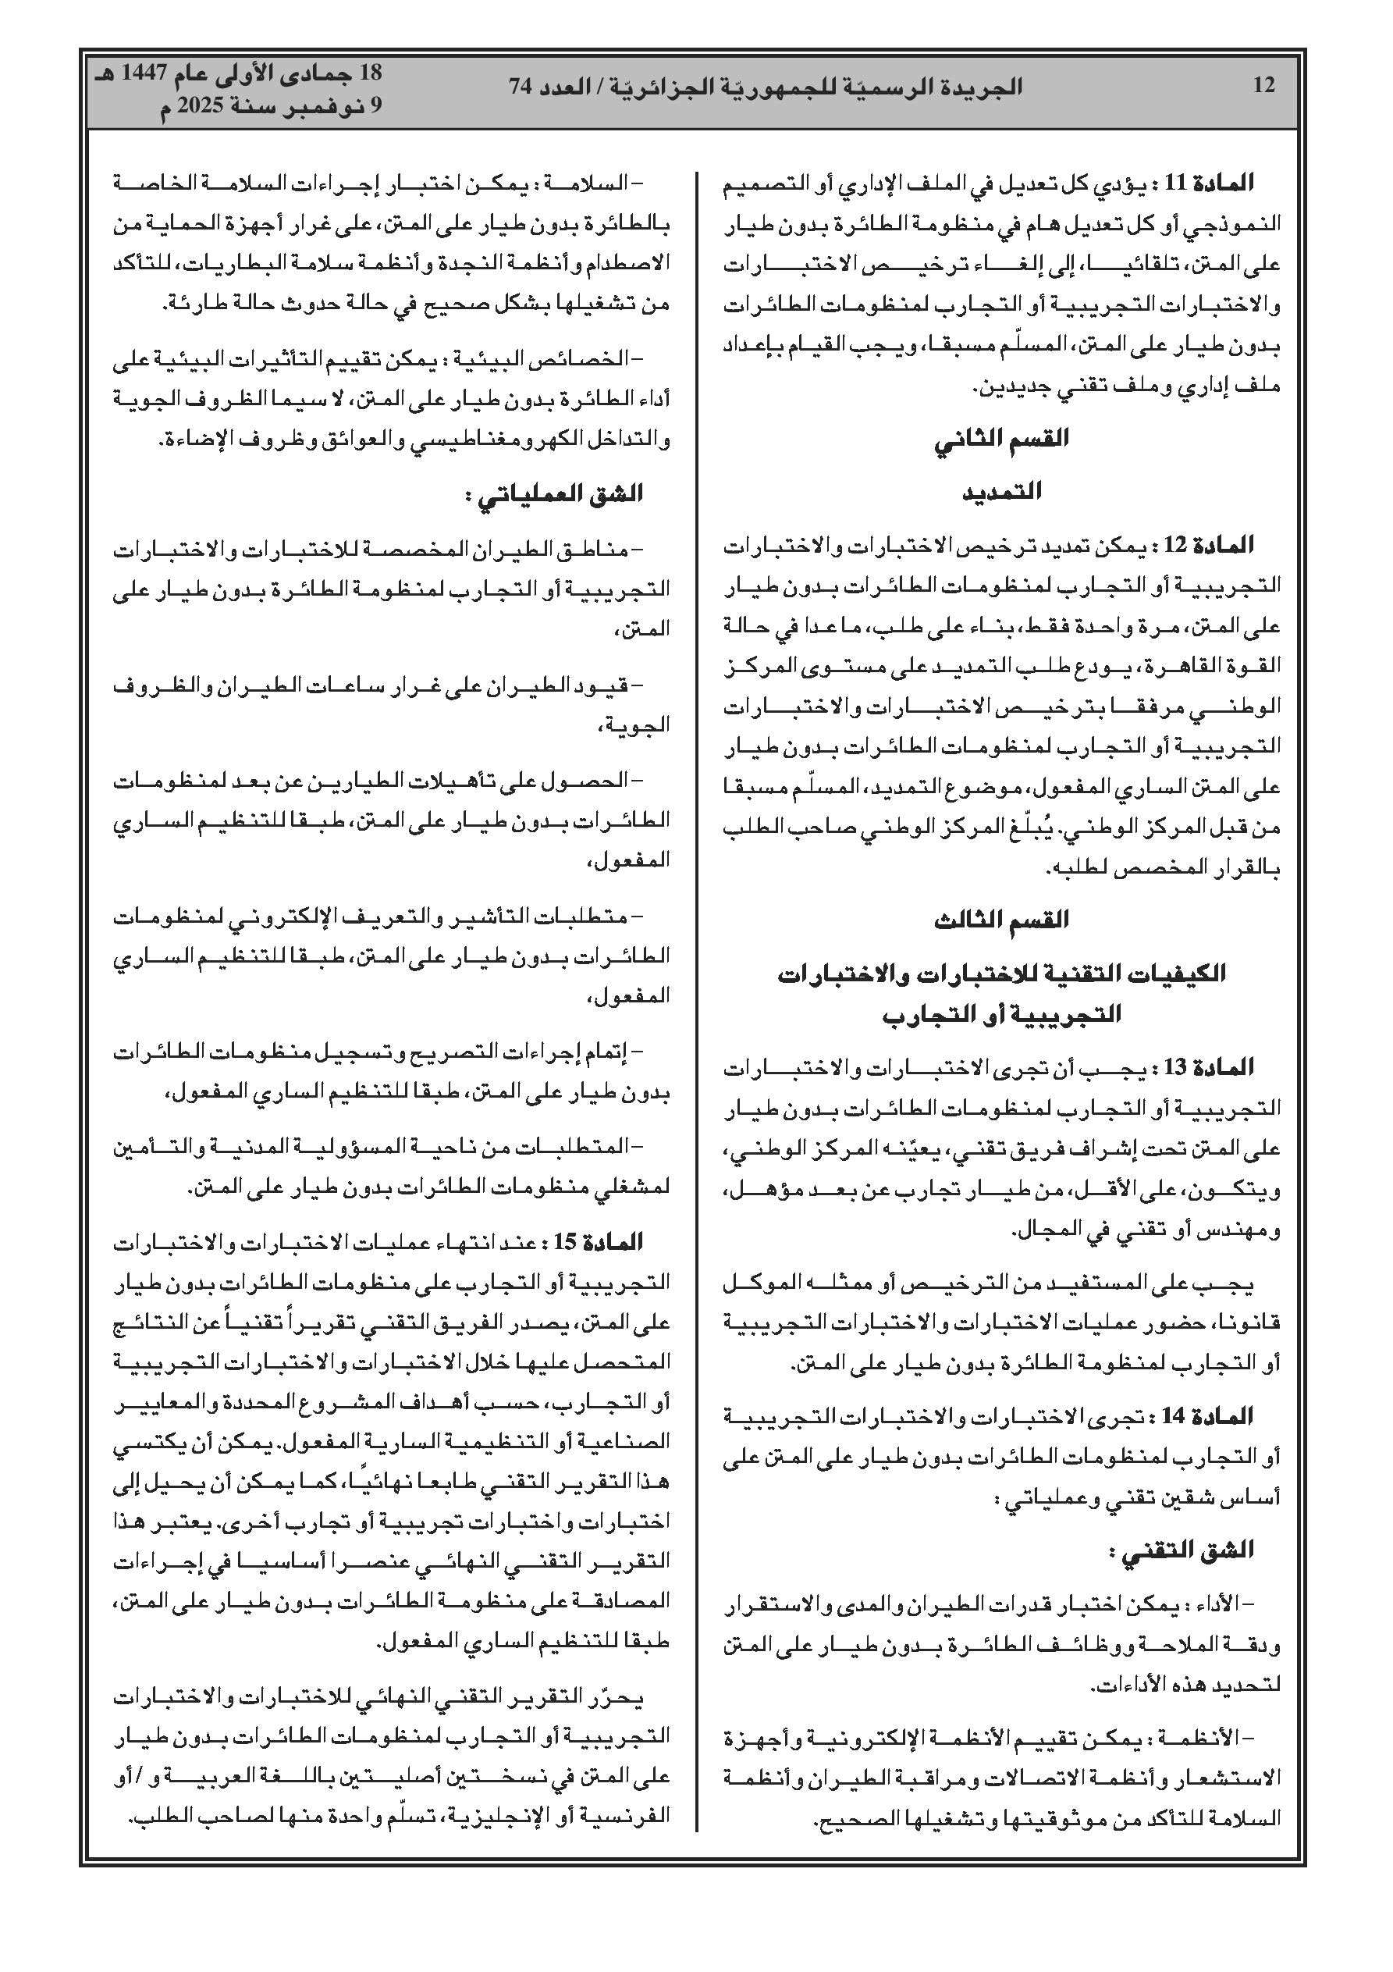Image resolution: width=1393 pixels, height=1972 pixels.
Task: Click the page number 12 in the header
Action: [1264, 86]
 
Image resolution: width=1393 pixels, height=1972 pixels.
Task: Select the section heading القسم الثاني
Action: [1001, 439]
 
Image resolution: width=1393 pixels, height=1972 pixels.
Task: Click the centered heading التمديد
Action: [1001, 491]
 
